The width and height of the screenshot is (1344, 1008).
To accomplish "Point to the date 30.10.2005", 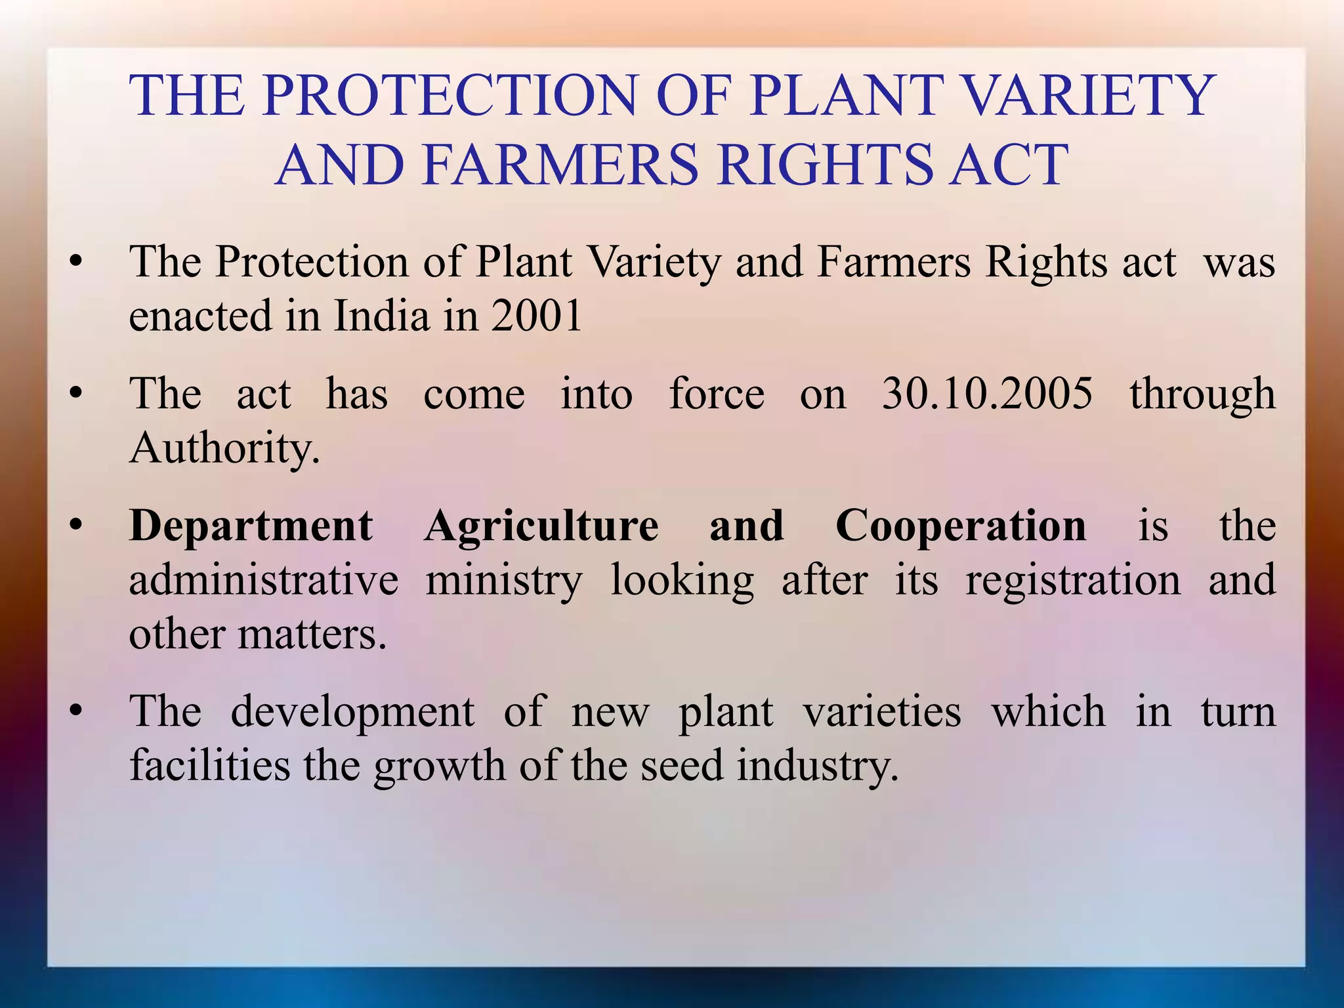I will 987,394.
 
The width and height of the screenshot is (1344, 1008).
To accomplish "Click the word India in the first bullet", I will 381,316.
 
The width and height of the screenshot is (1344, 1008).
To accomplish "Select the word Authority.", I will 224,449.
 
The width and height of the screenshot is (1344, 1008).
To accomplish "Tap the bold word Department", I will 251,527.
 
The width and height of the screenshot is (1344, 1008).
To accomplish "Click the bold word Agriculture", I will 541,527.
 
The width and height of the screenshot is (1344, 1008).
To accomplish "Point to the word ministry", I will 503,581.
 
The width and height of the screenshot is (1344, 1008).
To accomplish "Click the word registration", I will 1072,580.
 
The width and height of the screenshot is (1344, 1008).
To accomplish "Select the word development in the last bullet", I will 352,713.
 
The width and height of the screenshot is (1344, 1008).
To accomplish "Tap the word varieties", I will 883,711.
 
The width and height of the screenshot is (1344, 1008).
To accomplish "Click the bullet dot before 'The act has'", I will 77,394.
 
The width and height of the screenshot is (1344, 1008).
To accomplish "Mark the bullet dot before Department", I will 77,526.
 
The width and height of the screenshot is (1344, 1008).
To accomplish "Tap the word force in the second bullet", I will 717,394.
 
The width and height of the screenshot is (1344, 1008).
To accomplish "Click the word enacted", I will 200,316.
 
